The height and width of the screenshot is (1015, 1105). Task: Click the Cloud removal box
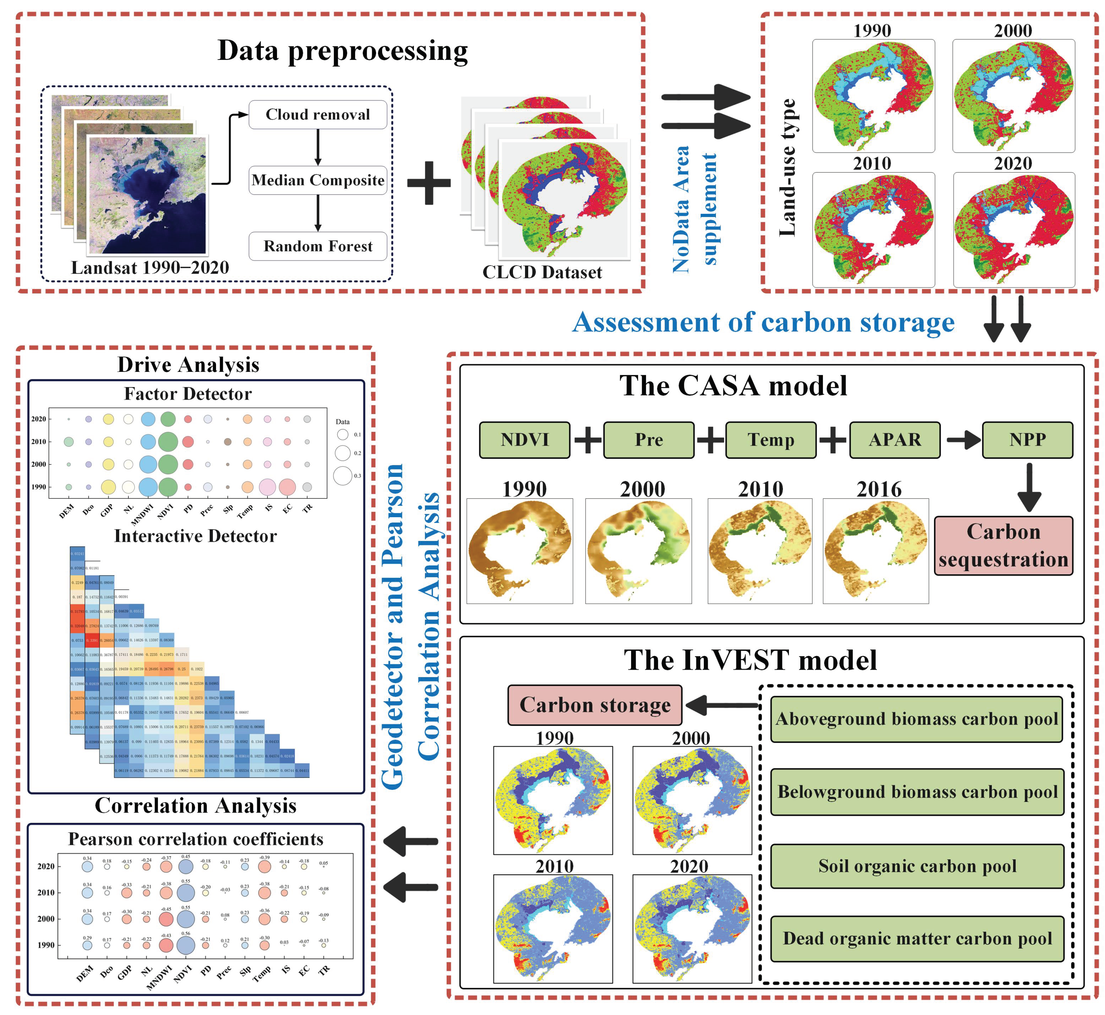click(317, 115)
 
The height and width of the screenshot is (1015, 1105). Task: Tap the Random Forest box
click(317, 246)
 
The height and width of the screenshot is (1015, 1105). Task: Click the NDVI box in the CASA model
click(524, 440)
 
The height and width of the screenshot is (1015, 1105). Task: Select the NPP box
click(1027, 440)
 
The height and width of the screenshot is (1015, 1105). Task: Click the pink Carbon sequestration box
click(1003, 545)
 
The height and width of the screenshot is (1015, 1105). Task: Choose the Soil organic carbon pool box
click(917, 866)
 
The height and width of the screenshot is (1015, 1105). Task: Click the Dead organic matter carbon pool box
click(917, 939)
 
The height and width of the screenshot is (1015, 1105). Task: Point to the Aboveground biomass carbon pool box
click(917, 720)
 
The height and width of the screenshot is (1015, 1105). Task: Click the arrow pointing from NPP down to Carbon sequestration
click(1029, 487)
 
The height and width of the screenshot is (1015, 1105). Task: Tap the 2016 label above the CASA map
click(879, 489)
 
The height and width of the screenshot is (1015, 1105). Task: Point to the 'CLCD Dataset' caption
click(542, 272)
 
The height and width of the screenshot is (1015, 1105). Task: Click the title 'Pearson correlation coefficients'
click(195, 839)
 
